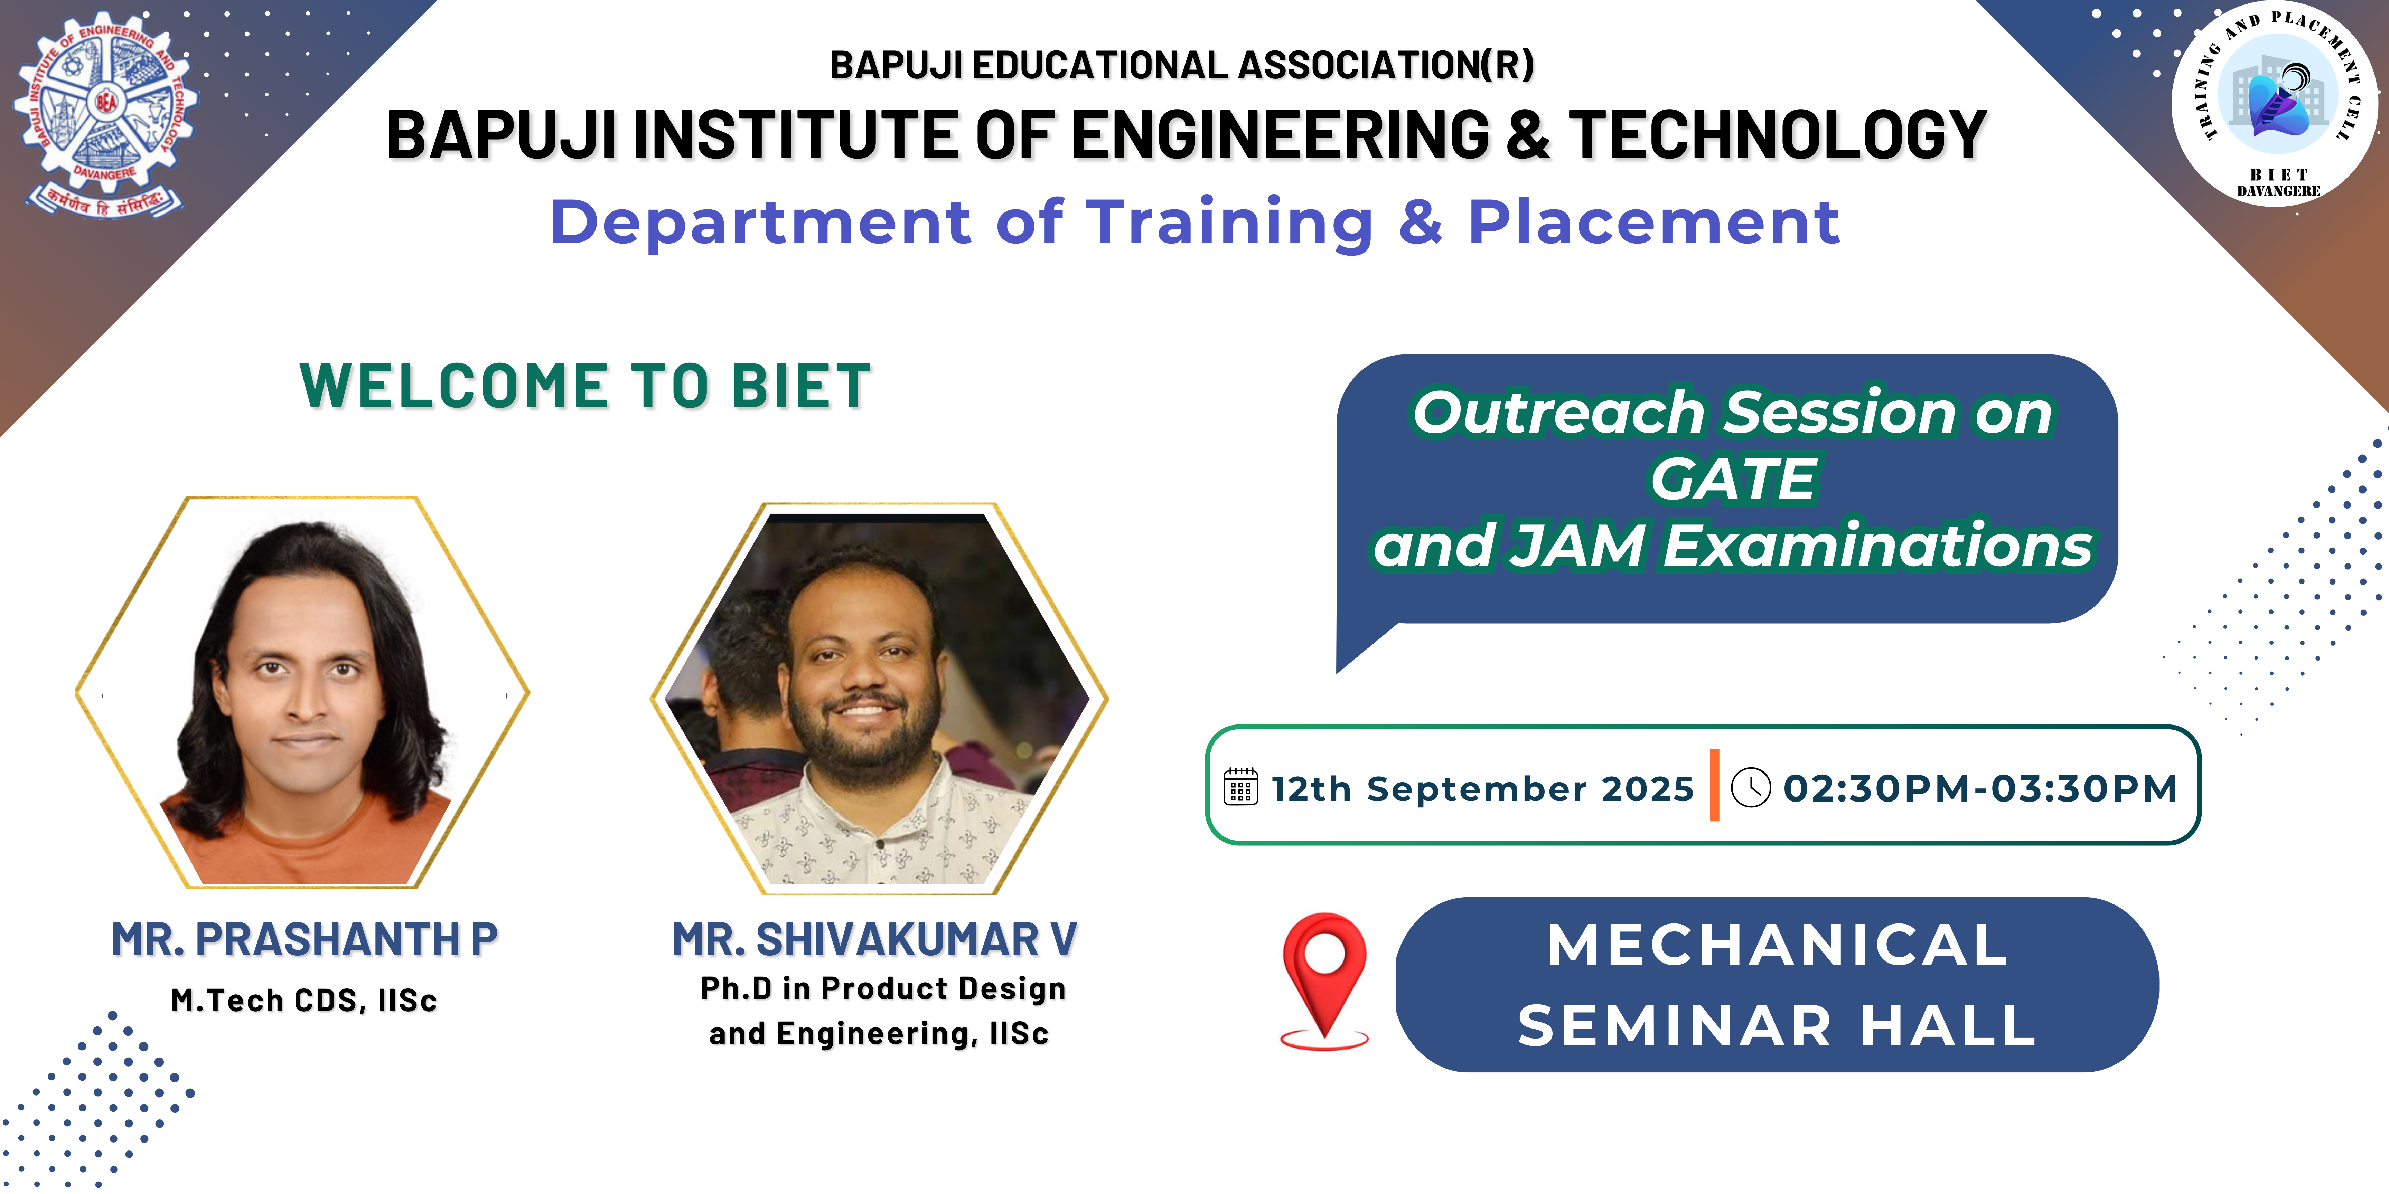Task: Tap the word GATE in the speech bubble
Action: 1732,479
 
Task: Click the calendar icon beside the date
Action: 1241,787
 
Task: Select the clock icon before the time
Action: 1751,787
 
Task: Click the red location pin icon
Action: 1324,981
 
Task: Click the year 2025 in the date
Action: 1647,789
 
